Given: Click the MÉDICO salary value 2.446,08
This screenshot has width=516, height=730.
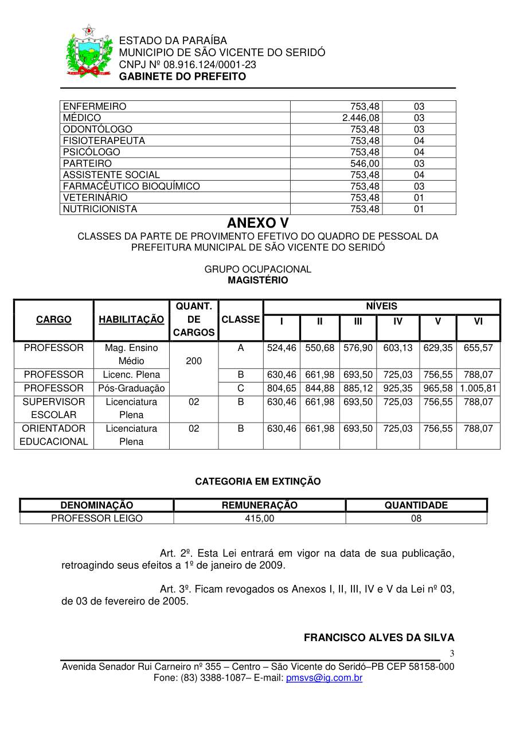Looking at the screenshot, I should tap(361, 118).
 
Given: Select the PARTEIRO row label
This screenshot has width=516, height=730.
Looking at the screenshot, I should tap(87, 163).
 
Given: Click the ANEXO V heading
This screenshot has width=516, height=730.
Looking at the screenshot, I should tap(257, 222).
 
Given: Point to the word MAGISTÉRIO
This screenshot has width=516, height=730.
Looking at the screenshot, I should tap(257, 280).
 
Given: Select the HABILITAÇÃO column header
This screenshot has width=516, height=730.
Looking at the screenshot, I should tap(131, 319).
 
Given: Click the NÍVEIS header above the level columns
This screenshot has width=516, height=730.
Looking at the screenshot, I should tap(381, 306).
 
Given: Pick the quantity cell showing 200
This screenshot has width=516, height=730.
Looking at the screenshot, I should tap(194, 361).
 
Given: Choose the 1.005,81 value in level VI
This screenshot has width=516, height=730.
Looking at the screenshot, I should tap(478, 388).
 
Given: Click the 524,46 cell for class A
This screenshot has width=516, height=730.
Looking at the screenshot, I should tap(282, 348).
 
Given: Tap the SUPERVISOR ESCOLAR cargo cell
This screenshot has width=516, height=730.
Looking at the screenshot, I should tap(54, 408).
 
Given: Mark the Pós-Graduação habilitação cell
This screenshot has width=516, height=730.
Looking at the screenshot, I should tap(131, 388).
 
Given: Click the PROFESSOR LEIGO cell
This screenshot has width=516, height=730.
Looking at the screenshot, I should tap(97, 518).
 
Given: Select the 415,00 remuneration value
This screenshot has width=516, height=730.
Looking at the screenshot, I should tap(259, 518).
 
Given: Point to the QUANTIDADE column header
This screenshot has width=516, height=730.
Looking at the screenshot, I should tap(416, 505).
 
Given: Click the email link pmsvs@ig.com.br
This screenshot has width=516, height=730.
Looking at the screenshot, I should tap(324, 678).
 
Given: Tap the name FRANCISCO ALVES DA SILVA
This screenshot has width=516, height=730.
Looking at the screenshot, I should tap(379, 638).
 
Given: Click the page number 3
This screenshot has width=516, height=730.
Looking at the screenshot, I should tap(452, 654).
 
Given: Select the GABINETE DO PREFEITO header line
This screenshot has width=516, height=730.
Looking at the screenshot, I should tap(182, 76).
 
